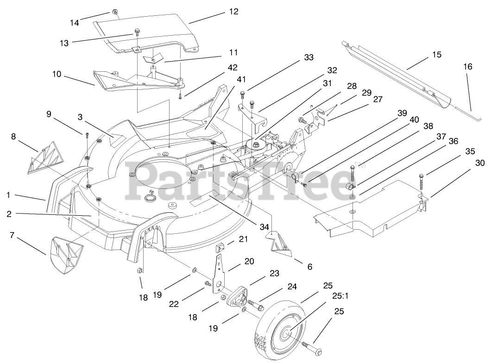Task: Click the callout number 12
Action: pyautogui.click(x=233, y=12)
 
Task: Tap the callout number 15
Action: pyautogui.click(x=436, y=55)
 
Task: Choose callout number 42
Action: pyautogui.click(x=233, y=67)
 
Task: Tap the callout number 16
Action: pyautogui.click(x=468, y=67)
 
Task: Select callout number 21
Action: pyautogui.click(x=243, y=239)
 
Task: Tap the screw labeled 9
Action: pyautogui.click(x=87, y=135)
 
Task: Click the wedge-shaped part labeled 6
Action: pyautogui.click(x=282, y=244)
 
